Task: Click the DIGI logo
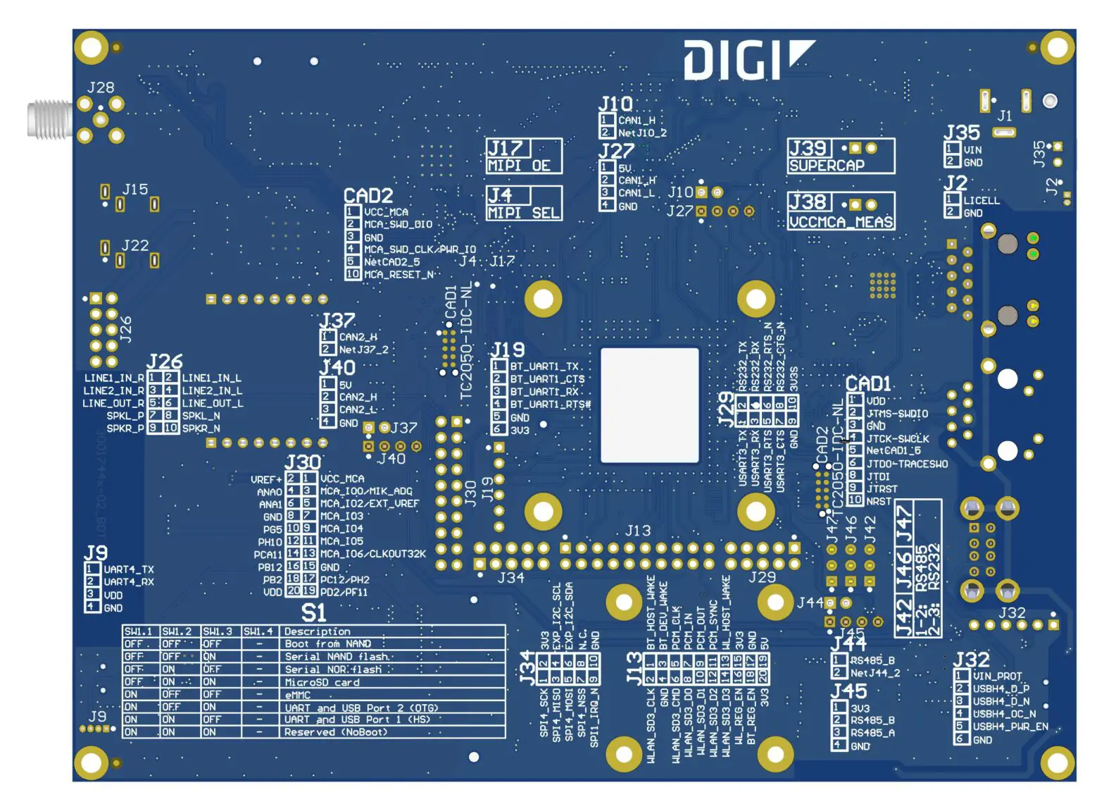coord(748,59)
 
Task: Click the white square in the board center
coord(649,405)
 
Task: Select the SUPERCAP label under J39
coord(827,166)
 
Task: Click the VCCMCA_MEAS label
coord(841,222)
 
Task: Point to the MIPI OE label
coord(520,166)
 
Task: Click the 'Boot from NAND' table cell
coord(327,644)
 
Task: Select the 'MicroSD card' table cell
coord(322,682)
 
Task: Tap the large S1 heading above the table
coord(313,612)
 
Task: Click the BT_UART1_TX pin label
coord(544,366)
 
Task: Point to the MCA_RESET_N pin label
coord(399,275)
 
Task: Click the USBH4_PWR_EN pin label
coord(1010,727)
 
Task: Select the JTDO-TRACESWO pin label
coord(907,464)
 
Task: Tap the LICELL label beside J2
coord(981,200)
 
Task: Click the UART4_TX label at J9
coord(129,569)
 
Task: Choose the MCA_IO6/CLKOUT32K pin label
coord(373,554)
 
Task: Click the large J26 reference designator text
coord(164,362)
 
